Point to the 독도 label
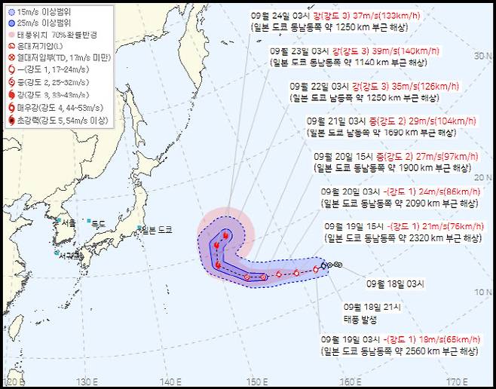point(100,223)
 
